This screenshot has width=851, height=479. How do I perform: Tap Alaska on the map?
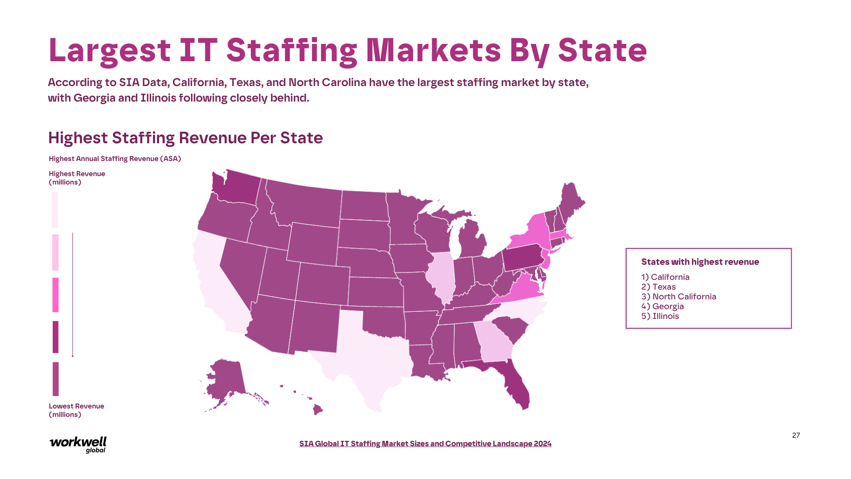(x=226, y=377)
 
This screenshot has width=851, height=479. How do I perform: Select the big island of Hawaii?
(x=317, y=409)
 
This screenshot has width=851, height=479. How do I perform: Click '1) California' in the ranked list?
(x=665, y=277)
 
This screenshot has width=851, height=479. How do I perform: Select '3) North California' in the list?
(x=679, y=297)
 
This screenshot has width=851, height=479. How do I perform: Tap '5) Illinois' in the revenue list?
(x=660, y=316)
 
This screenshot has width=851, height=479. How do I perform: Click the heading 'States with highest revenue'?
(x=700, y=262)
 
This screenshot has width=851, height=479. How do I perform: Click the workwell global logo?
(x=78, y=444)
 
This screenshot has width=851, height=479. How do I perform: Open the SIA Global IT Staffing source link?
(x=425, y=444)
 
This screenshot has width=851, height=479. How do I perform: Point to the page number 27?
(x=796, y=436)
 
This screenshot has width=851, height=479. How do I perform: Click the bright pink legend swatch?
(x=55, y=295)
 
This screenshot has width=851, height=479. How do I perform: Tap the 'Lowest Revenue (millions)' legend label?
(x=76, y=410)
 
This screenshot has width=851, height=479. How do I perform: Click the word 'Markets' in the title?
(x=433, y=50)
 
